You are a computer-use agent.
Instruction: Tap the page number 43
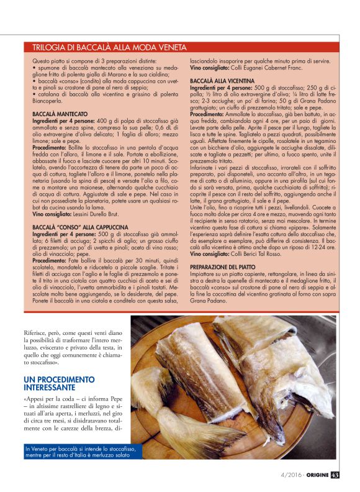point(335,475)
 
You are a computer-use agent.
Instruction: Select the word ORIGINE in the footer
point(315,475)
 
